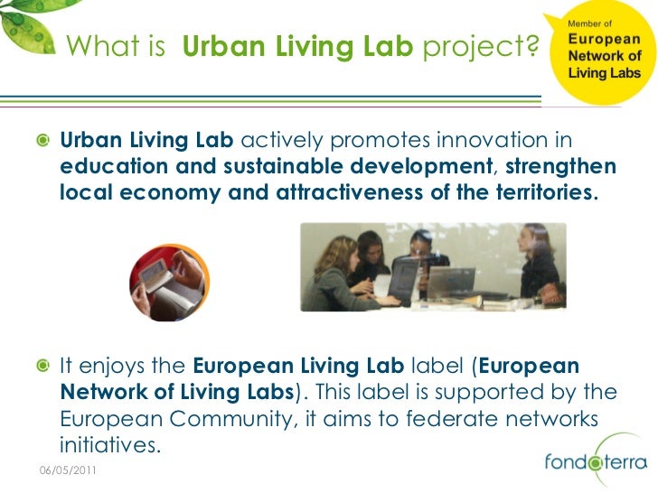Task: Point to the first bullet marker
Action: [42, 143]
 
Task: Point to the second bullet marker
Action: [42, 367]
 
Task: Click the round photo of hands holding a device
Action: [170, 284]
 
